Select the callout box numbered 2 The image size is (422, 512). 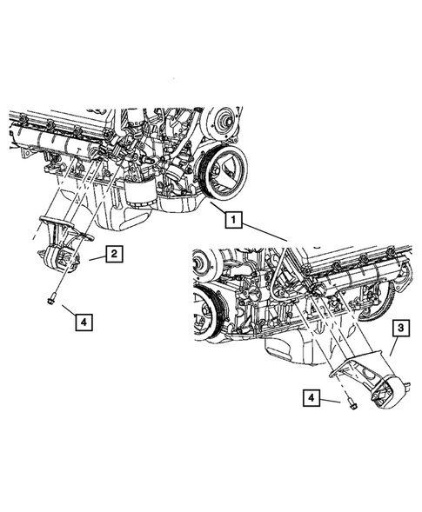click(113, 254)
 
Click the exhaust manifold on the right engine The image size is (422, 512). click(357, 278)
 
